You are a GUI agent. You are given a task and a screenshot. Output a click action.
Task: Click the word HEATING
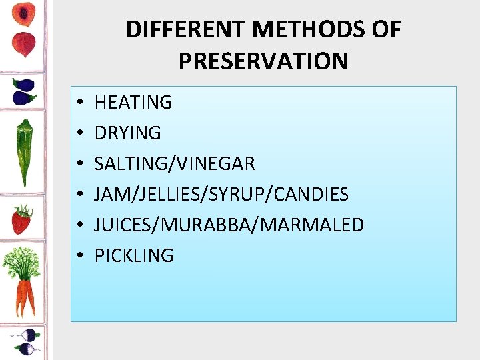coord(133,103)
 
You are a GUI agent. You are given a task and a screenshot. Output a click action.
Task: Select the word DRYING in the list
coord(128,133)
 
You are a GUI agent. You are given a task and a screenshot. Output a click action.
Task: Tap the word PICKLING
coord(134,255)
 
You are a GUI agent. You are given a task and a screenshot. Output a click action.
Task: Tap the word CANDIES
coord(313,195)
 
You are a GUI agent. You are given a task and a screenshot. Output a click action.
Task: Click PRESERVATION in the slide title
coord(263,61)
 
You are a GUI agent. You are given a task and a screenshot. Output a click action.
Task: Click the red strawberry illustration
coord(21,220)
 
